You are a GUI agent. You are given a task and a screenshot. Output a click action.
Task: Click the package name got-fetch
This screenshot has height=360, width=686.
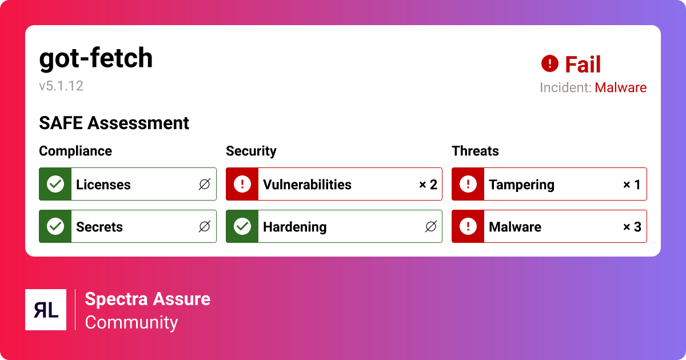pos(96,58)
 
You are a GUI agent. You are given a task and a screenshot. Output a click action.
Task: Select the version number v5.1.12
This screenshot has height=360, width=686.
pos(61,86)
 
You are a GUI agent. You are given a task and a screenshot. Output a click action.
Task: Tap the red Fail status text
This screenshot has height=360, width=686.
pos(583,65)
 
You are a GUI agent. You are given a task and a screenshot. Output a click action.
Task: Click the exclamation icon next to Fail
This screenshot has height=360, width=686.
pos(549,63)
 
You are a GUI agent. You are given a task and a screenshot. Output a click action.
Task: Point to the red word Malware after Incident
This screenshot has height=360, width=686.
pos(620,88)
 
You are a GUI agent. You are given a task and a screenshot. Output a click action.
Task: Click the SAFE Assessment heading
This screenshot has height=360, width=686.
pos(114,123)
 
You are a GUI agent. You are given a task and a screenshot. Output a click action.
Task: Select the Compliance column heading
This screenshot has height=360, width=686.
pos(75,151)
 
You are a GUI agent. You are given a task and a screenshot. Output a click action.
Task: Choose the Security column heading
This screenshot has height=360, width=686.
pos(251,151)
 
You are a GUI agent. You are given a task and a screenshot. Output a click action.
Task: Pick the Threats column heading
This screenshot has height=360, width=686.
pos(475,151)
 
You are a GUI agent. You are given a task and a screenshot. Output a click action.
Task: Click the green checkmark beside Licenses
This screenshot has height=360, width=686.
pos(55,184)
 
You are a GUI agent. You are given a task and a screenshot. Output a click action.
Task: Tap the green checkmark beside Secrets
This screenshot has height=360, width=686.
pos(55,226)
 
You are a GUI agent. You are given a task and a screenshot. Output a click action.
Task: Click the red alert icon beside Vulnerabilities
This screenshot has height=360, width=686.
pos(242,184)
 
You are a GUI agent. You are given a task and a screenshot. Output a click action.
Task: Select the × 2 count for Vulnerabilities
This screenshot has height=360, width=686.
pos(428,185)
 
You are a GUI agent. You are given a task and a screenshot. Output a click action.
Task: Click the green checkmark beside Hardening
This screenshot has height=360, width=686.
pos(242,226)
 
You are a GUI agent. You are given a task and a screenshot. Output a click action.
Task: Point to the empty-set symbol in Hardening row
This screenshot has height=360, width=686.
pos(431,227)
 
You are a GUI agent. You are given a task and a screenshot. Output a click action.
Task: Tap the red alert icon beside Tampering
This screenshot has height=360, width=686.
pos(468,184)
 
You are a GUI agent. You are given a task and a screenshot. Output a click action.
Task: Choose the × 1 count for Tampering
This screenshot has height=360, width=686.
pos(632,185)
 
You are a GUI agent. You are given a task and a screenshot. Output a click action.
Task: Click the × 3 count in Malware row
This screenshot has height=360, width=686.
pos(632,227)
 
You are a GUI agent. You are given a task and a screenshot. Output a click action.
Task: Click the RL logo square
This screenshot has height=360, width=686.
pos(46,310)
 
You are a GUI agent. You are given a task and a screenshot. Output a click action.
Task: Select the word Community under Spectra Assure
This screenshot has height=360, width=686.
pos(131,322)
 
